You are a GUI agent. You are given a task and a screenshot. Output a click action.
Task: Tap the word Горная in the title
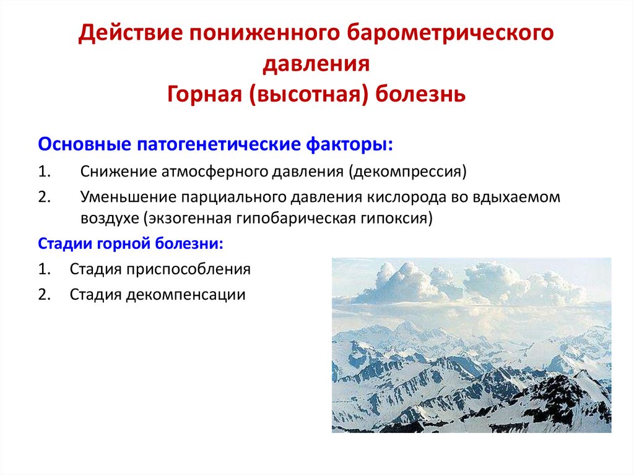coord(202,95)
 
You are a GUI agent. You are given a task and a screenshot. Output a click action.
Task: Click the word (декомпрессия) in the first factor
coord(407,171)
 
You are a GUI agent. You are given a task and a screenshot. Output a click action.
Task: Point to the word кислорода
coord(416,197)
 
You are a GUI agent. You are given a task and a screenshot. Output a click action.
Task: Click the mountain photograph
coord(471,345)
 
